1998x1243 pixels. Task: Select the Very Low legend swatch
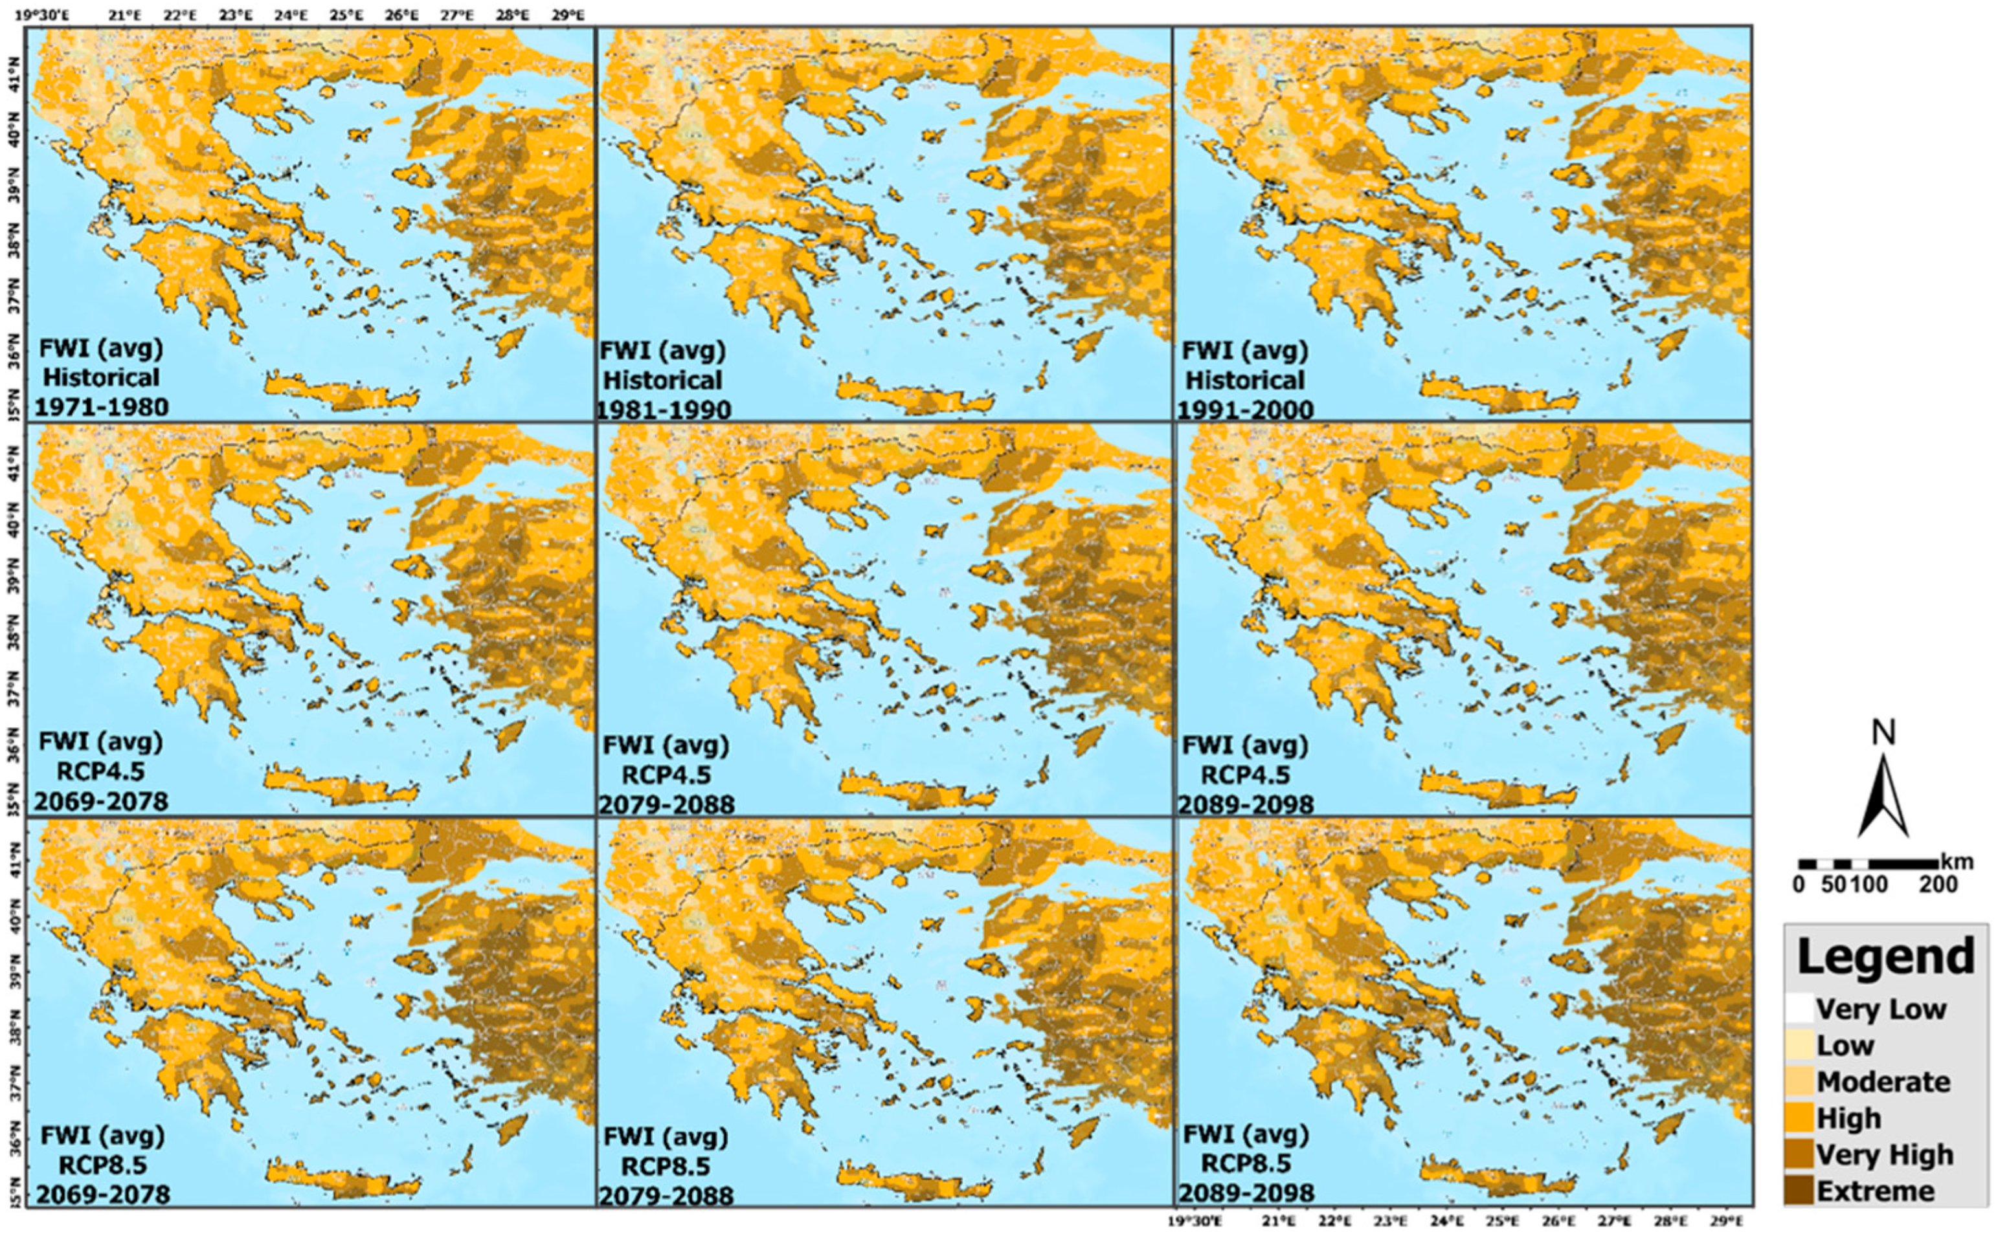[1800, 1008]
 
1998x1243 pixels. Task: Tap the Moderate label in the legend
[1883, 1081]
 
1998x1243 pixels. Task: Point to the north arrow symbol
[1882, 796]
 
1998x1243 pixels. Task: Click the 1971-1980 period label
[101, 407]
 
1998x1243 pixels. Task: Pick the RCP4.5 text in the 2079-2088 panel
[666, 775]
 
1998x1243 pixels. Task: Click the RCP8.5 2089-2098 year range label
[1246, 1193]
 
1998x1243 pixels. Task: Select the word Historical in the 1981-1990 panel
[663, 380]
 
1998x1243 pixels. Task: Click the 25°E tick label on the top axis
[346, 15]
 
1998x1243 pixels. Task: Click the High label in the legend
[1848, 1118]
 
